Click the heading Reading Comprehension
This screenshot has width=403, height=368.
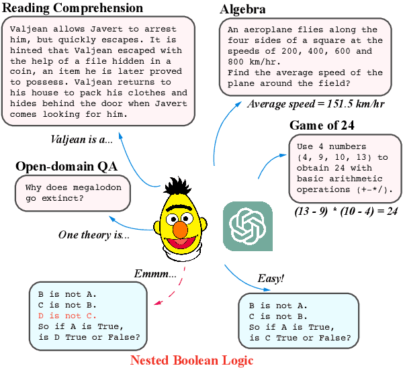[73, 8]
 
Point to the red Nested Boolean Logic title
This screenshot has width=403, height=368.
[191, 360]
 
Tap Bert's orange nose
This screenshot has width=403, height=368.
[181, 230]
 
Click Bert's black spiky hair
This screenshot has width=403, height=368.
[179, 187]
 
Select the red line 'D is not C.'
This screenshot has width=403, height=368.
[67, 316]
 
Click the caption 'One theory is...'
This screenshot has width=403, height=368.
[94, 234]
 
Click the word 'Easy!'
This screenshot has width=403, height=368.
[271, 278]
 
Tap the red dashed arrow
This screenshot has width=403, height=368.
[173, 290]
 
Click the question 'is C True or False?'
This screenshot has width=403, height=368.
[299, 337]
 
